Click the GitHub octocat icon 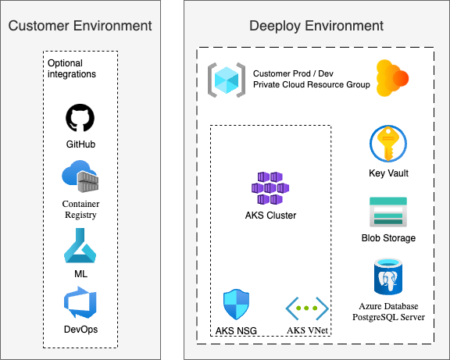pyautogui.click(x=80, y=119)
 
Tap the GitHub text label pyautogui.click(x=80, y=144)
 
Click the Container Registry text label pyautogui.click(x=80, y=209)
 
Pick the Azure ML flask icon pyautogui.click(x=80, y=251)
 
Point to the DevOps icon pyautogui.click(x=80, y=303)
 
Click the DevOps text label pyautogui.click(x=80, y=329)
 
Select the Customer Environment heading pyautogui.click(x=80, y=26)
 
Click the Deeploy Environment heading pyautogui.click(x=316, y=26)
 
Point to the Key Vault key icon pyautogui.click(x=387, y=145)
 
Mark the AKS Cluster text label pyautogui.click(x=270, y=215)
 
